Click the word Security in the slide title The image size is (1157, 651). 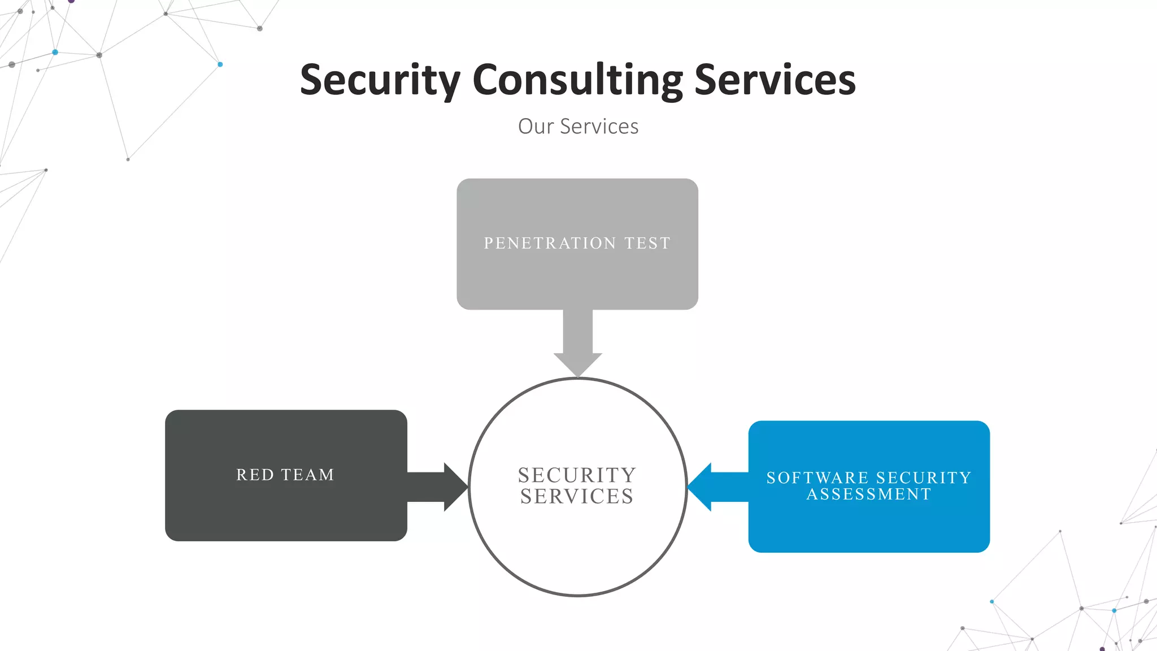tap(380, 80)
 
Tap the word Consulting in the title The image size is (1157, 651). tap(577, 80)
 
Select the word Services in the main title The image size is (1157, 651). tap(775, 80)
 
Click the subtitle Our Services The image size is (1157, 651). tap(578, 127)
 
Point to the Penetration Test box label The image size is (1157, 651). tap(577, 243)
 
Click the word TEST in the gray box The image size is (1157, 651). tap(647, 243)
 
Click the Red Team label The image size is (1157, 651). tap(285, 475)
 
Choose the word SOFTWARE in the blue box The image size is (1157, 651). tap(817, 478)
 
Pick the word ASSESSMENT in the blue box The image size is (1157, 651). tap(869, 494)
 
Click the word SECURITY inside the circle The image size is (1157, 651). tap(577, 475)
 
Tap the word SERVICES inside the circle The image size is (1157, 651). tap(577, 497)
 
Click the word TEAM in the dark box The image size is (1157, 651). tap(308, 475)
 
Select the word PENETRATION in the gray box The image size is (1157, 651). tap(550, 243)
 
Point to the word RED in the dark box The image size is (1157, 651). tap(255, 475)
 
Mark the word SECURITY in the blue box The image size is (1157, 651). tap(924, 478)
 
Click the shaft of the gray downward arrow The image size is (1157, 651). tap(577, 331)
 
